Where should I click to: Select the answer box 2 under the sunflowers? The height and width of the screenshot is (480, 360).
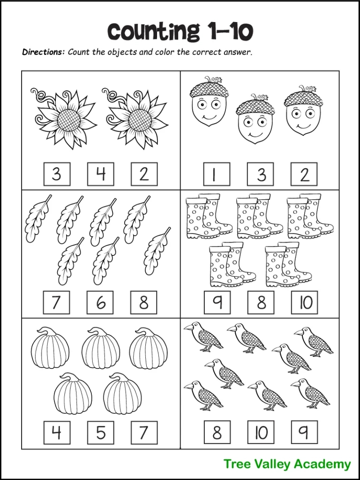point(144,174)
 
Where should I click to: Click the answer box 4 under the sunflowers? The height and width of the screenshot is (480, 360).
point(101,174)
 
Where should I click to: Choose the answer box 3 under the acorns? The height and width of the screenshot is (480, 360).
point(261,174)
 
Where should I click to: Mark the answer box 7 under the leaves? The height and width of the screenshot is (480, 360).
point(56,302)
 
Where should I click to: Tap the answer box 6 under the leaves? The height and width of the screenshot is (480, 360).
point(100,302)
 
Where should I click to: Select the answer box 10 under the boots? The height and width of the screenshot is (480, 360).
point(304,302)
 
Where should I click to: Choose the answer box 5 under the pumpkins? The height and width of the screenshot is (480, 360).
point(100,432)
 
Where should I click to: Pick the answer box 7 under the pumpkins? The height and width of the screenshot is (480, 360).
point(144,432)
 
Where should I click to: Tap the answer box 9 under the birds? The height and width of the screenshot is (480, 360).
point(304,432)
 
